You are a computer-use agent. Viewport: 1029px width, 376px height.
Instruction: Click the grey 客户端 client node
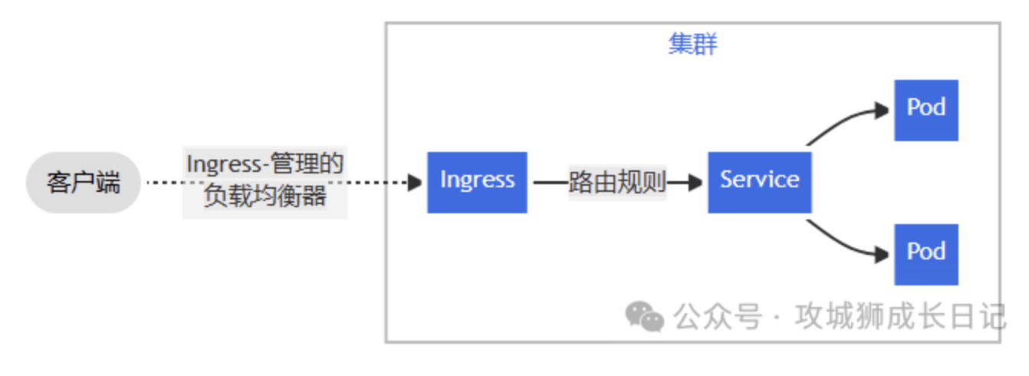point(83,183)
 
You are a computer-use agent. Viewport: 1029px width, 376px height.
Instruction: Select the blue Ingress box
point(477,183)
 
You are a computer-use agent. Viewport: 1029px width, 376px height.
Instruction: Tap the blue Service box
point(760,183)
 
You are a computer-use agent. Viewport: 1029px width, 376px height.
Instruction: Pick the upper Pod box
point(926,110)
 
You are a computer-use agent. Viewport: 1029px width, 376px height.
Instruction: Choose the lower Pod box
point(926,255)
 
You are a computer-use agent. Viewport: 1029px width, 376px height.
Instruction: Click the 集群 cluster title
point(692,45)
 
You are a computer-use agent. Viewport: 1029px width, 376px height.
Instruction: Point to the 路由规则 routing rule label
point(617,182)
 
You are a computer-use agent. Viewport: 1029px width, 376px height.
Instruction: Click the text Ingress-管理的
point(265,163)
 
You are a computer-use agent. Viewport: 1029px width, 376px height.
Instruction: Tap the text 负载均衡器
point(265,196)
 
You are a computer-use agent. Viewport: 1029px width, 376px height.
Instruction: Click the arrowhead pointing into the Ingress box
point(416,183)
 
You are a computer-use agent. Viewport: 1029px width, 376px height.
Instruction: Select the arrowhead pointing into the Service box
point(695,183)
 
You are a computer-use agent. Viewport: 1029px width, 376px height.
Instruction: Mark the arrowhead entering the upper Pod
point(882,110)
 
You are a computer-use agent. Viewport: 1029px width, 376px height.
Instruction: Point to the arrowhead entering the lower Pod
point(882,255)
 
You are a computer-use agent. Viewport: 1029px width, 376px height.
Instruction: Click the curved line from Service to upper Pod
point(840,122)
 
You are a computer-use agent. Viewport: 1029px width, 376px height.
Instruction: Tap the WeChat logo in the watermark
point(645,316)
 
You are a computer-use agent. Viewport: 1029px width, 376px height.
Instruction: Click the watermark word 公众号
point(718,316)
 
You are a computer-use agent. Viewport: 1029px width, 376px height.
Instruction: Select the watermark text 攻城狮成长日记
point(900,316)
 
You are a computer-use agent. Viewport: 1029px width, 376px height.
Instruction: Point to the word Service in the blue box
point(760,180)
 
